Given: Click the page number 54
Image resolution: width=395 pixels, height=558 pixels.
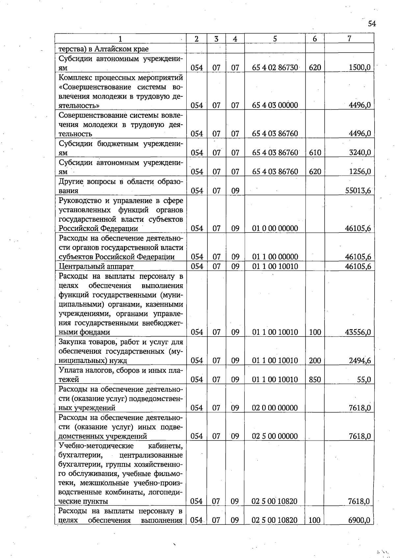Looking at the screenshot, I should pyautogui.click(x=372, y=24).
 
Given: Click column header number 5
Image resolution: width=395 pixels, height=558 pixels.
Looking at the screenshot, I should pyautogui.click(x=275, y=39).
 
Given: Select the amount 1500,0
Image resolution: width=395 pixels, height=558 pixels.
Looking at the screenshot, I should pyautogui.click(x=359, y=67).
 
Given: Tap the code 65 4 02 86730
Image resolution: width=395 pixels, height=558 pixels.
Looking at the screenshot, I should pyautogui.click(x=275, y=68).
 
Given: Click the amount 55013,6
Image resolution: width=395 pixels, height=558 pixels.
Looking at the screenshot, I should pyautogui.click(x=358, y=190).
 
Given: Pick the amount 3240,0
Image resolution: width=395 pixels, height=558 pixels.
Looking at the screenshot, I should pyautogui.click(x=360, y=153).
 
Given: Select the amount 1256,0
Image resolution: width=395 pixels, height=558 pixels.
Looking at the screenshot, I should pyautogui.click(x=360, y=171).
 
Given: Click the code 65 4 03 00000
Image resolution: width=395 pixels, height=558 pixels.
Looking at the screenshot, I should pyautogui.click(x=275, y=105).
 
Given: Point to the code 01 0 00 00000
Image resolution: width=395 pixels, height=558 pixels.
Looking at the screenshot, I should pyautogui.click(x=275, y=228).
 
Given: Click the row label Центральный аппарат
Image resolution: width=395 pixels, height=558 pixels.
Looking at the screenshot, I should pyautogui.click(x=96, y=266).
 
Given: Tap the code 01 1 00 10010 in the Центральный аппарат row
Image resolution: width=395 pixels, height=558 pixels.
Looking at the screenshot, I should pyautogui.click(x=275, y=266).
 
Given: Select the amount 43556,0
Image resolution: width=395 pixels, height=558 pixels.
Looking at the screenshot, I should pyautogui.click(x=358, y=332).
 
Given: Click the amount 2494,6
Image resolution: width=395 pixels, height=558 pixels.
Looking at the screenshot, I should pyautogui.click(x=360, y=361).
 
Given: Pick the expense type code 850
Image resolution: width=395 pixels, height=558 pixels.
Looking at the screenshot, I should pyautogui.click(x=315, y=380).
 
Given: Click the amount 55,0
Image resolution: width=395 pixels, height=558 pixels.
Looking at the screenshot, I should pyautogui.click(x=364, y=380).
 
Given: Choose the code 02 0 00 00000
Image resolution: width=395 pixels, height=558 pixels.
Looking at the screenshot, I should pyautogui.click(x=275, y=408).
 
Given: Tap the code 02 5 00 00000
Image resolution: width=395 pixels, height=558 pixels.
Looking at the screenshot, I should pyautogui.click(x=275, y=436).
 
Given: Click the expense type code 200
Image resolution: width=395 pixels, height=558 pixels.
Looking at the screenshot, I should pyautogui.click(x=315, y=361).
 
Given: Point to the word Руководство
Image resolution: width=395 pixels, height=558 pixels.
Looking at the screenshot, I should pyautogui.click(x=78, y=200).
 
